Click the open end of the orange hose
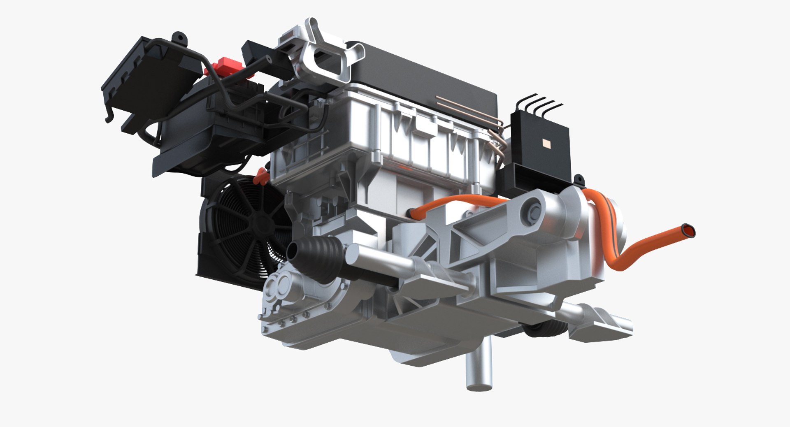688,231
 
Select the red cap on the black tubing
221,66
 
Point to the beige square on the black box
547,143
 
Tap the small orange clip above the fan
260,177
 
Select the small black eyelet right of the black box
579,179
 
